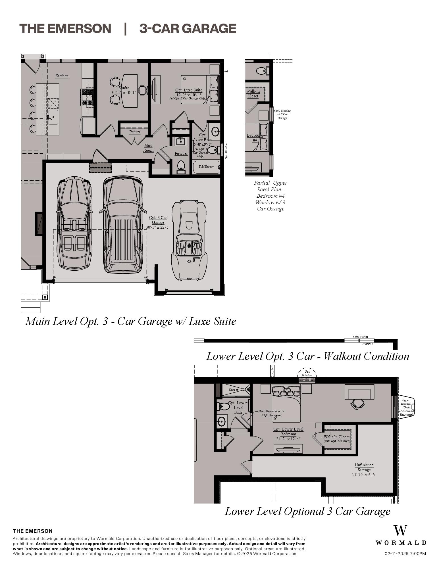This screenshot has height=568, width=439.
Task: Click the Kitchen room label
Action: pyautogui.click(x=62, y=76)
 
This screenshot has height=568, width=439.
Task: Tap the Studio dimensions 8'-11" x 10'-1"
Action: pyautogui.click(x=124, y=93)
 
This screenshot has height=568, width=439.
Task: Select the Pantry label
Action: pyautogui.click(x=135, y=132)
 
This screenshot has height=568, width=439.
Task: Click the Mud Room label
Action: pyautogui.click(x=148, y=148)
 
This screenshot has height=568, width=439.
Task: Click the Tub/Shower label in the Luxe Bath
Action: pyautogui.click(x=206, y=167)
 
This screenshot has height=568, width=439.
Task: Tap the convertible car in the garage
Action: pyautogui.click(x=189, y=240)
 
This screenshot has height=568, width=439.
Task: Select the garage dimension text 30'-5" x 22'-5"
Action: pyautogui.click(x=158, y=227)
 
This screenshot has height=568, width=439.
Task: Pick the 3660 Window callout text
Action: pyautogui.click(x=282, y=114)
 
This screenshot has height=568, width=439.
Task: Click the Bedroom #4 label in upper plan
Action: pyautogui.click(x=255, y=137)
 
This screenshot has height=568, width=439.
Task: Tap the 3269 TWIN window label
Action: pyautogui.click(x=360, y=337)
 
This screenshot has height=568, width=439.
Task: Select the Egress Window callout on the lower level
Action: pyautogui.click(x=406, y=407)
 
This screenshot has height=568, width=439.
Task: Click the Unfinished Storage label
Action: pyautogui.click(x=364, y=467)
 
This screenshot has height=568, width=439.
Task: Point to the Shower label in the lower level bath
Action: pyautogui.click(x=234, y=390)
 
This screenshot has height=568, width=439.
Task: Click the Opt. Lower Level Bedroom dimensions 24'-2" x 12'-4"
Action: pyautogui.click(x=288, y=439)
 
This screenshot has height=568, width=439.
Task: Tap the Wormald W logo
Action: pyautogui.click(x=400, y=531)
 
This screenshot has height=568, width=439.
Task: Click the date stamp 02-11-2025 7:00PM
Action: pyautogui.click(x=405, y=554)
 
